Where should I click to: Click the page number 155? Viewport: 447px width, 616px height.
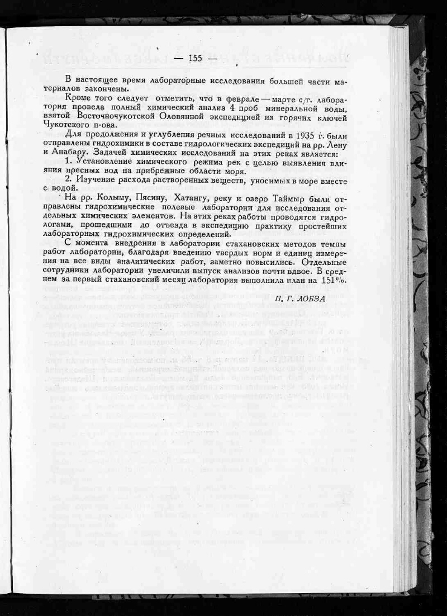click(196, 59)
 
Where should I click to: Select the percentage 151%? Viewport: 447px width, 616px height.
click(333, 280)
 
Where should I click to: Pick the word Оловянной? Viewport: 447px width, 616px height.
click(205, 116)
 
